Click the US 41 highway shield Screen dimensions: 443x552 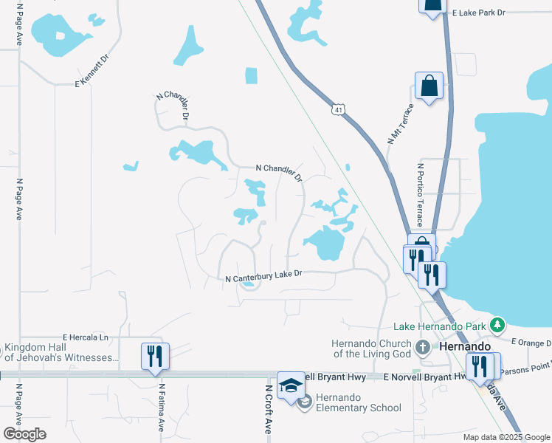(338, 109)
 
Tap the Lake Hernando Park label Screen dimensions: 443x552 (440, 326)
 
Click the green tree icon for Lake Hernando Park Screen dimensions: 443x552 (498, 324)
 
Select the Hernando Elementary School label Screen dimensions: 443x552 (359, 402)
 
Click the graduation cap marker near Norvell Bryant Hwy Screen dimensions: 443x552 (291, 385)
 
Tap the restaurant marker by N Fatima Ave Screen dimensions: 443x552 (156, 355)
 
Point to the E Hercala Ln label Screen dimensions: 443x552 (85, 337)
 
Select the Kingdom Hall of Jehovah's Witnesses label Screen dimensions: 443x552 (61, 353)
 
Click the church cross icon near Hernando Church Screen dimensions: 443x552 (423, 347)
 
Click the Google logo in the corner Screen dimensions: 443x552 (24, 434)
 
